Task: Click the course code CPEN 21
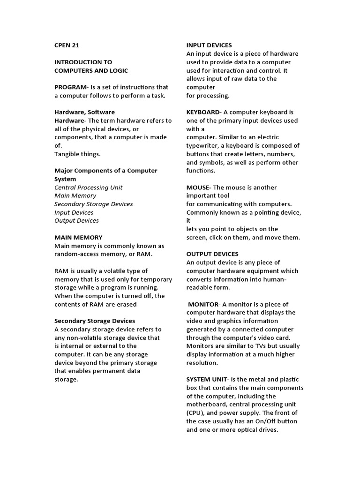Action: (67, 45)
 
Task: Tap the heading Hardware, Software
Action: (84, 112)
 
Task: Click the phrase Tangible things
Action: (77, 154)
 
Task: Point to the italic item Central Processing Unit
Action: (88, 187)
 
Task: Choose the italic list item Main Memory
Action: (75, 195)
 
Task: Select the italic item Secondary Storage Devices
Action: (93, 204)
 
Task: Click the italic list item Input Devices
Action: (74, 212)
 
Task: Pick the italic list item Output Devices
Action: (76, 221)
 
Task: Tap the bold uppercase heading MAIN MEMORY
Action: (78, 238)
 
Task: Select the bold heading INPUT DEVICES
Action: (209, 45)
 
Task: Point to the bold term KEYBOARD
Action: (203, 112)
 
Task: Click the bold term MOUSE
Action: (198, 187)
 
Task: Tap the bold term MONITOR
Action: (203, 304)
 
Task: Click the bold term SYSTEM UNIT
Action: (207, 379)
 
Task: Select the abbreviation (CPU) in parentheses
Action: (195, 413)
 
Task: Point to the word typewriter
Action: (203, 146)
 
